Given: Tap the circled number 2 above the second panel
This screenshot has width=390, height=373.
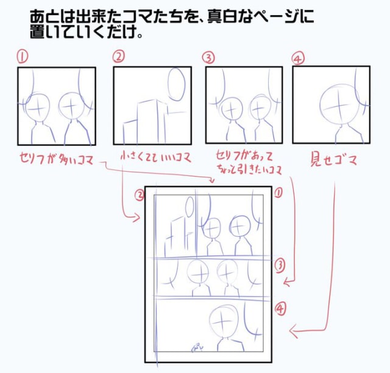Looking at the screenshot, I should pyautogui.click(x=119, y=57).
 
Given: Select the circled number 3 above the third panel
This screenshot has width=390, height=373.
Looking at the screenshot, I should pyautogui.click(x=209, y=57).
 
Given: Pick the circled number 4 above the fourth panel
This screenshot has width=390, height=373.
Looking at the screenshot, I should pyautogui.click(x=299, y=58).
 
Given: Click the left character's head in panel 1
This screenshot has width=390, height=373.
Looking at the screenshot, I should pyautogui.click(x=38, y=109).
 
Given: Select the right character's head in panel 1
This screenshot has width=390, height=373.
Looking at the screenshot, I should pyautogui.click(x=71, y=106).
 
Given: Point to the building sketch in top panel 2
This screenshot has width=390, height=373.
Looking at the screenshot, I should pyautogui.click(x=145, y=122).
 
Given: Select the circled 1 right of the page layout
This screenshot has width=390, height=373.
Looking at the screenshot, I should pyautogui.click(x=278, y=192).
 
